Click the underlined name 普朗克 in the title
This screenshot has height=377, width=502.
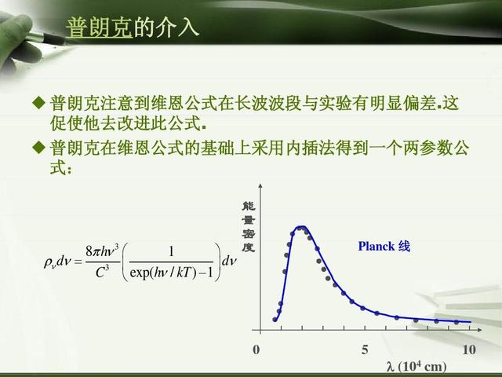coord(100,27)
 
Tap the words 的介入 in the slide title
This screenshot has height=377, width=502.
coord(166,27)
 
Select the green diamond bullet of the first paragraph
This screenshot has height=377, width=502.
coord(39,103)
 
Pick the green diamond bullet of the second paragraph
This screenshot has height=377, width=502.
coord(39,148)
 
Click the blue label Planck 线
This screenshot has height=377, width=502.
coord(384,246)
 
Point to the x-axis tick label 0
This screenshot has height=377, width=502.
coord(256,350)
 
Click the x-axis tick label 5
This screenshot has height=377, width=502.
coord(365,350)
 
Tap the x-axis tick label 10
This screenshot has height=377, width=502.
coord(469,350)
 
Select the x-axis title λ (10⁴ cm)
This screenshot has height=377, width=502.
coord(417,366)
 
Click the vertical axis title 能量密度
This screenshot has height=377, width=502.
coord(249,227)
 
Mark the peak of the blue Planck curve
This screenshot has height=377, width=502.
coord(301,227)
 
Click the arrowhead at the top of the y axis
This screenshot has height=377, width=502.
coord(260,185)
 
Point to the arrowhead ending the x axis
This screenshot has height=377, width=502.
coord(479,330)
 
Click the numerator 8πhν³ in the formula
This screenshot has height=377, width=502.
coord(102,251)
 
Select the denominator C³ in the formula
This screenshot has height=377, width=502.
coord(102,273)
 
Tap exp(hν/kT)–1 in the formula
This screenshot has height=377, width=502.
coord(172,273)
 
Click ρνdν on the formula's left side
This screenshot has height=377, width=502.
coord(56,262)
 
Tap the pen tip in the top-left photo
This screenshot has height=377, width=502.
coord(65,42)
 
